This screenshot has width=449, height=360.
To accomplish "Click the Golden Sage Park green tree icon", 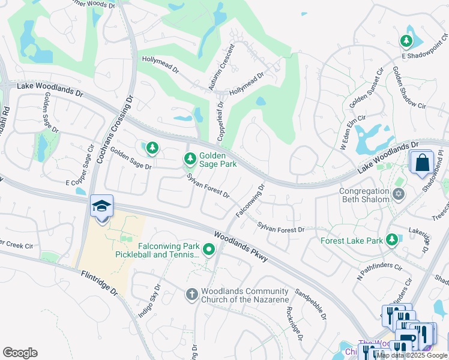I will coord(190,159).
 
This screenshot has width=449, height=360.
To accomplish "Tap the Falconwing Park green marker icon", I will coord(209,249).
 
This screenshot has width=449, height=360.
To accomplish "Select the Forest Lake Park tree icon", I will coord(392,240).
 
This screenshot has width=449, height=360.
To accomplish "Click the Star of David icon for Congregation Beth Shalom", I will coord(399,194).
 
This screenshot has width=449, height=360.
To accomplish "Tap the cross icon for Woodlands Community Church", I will coord(191,294).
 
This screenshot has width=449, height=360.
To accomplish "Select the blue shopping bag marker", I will coord(422,162).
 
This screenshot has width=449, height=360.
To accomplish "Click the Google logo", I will coord(20,353).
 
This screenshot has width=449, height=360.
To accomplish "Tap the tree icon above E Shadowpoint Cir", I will coord(406,41).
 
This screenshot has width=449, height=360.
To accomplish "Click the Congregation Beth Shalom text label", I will coord(365,196).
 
